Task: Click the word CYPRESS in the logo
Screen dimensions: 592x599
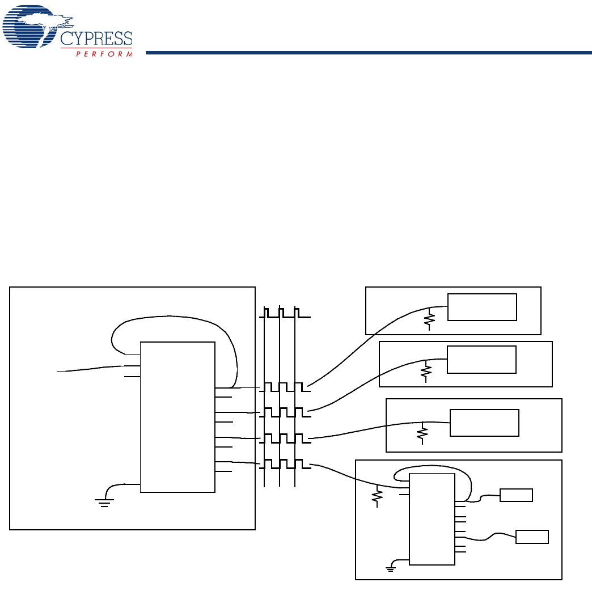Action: coord(96,39)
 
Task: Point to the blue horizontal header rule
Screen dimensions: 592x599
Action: coord(369,53)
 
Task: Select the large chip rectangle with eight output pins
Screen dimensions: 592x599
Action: coord(177,417)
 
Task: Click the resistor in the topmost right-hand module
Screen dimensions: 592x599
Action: coord(430,320)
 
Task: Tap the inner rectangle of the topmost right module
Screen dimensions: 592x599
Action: coord(482,307)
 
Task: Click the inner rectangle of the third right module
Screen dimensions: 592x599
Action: coord(484,423)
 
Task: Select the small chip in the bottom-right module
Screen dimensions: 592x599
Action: coord(432,518)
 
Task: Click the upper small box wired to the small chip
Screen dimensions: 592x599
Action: coord(516,495)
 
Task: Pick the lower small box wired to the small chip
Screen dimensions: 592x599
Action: coord(532,537)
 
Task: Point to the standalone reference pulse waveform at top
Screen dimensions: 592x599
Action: coord(285,313)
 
